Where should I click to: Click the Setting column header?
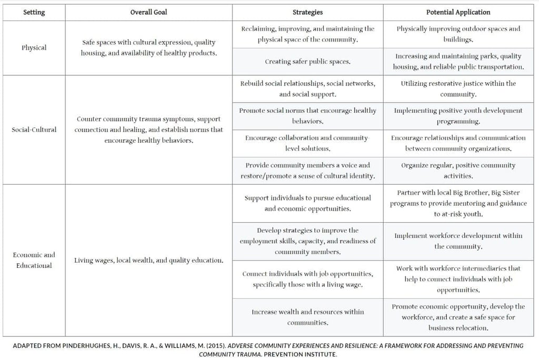click(34, 12)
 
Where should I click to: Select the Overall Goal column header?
click(148, 12)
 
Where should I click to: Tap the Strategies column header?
click(307, 12)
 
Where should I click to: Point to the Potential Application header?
click(458, 12)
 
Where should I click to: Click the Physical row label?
click(34, 47)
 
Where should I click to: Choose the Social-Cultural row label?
click(34, 129)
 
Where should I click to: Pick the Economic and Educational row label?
click(34, 260)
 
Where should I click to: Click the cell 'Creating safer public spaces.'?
click(307, 62)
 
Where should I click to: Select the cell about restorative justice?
click(458, 88)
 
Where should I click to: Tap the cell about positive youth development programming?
click(458, 116)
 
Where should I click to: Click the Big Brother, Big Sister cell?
click(458, 203)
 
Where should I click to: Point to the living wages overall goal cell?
click(148, 260)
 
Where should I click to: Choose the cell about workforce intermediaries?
click(458, 279)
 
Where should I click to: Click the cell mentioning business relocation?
click(458, 317)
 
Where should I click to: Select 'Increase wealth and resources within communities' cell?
click(307, 317)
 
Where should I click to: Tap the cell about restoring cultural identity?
click(307, 170)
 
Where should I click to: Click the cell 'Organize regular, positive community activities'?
click(458, 170)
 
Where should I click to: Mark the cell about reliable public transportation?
click(458, 62)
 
